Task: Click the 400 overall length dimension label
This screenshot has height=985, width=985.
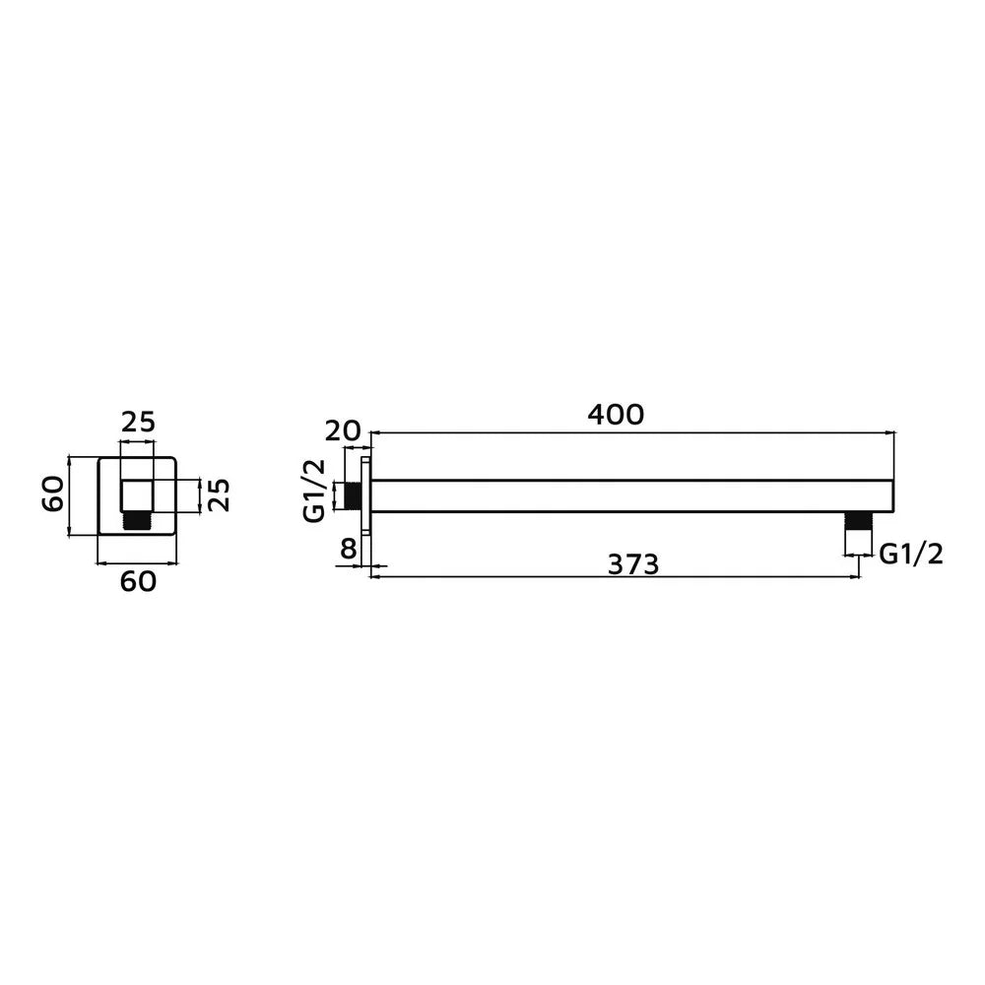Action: tap(616, 415)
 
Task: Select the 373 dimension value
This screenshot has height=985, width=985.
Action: tap(633, 564)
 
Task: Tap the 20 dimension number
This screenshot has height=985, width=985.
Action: tap(343, 431)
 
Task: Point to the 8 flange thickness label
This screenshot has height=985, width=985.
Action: tap(348, 549)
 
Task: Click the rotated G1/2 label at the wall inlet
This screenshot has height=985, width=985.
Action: tap(314, 491)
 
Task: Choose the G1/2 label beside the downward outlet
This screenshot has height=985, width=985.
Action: tap(911, 554)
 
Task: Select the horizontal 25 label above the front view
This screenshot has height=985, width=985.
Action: tap(138, 423)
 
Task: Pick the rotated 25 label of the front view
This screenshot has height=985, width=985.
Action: tap(220, 495)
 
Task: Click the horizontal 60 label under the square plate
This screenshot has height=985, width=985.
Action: tap(138, 582)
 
